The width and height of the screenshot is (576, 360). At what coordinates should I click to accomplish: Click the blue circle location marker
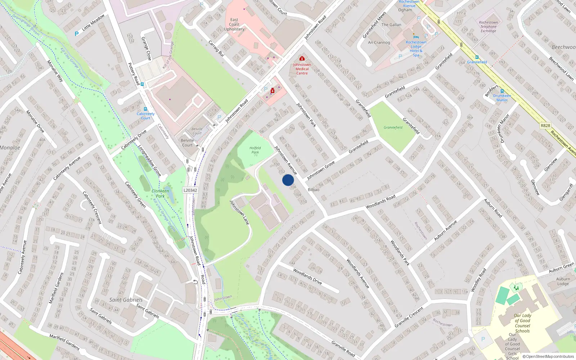tap(288, 180)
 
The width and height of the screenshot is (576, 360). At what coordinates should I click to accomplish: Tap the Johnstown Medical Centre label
tap(302, 69)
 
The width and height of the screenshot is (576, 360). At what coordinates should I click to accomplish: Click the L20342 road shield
tap(190, 190)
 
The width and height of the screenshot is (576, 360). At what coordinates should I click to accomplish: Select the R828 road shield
tap(545, 125)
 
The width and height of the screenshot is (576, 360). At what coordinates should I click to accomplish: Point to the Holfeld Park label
tap(255, 150)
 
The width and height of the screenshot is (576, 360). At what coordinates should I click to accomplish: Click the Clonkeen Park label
tap(160, 193)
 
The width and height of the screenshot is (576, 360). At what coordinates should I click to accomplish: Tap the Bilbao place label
tap(314, 190)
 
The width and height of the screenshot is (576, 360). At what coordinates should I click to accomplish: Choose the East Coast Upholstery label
tap(234, 24)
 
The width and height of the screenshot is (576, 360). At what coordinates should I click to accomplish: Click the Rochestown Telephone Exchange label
tap(488, 27)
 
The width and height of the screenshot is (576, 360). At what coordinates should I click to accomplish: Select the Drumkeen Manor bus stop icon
tap(502, 91)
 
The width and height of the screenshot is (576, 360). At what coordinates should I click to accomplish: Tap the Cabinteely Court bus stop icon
tap(145, 109)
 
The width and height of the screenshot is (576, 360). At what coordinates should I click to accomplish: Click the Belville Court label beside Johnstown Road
tap(187, 143)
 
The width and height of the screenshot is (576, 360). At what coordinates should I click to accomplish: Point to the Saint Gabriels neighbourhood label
tap(126, 300)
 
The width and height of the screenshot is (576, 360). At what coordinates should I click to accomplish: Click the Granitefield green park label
tap(393, 127)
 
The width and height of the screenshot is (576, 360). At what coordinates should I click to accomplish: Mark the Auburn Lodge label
tap(563, 281)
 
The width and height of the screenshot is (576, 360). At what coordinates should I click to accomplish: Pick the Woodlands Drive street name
tap(307, 276)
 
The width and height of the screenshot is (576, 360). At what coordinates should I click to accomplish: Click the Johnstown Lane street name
tap(239, 212)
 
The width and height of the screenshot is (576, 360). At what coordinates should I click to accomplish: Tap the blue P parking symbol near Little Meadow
tap(76, 34)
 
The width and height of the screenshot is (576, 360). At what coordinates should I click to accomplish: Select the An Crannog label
tap(379, 42)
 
